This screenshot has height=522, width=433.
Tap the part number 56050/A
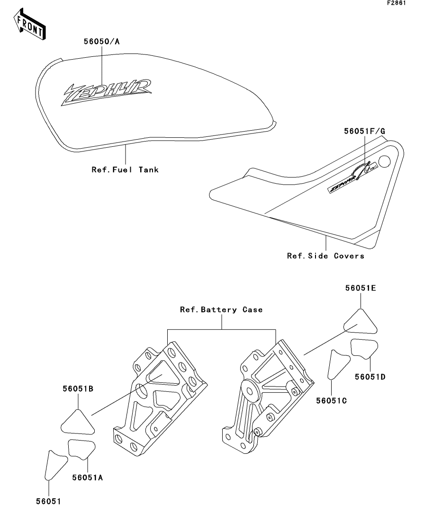click(x=101, y=41)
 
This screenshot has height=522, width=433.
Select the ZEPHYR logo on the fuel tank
click(x=106, y=92)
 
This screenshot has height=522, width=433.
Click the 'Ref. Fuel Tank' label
click(x=125, y=169)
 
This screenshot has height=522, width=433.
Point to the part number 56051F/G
click(x=364, y=131)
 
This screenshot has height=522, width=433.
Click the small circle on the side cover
click(x=384, y=161)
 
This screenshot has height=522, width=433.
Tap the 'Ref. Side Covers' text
click(x=325, y=256)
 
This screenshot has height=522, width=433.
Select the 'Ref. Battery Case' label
click(x=221, y=310)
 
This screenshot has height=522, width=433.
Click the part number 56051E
click(x=361, y=288)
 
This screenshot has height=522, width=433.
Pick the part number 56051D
click(x=370, y=377)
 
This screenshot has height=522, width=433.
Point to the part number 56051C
click(x=331, y=400)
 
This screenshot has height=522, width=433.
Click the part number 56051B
click(x=78, y=389)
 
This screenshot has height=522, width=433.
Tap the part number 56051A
click(x=87, y=478)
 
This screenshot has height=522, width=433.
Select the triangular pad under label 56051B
click(x=78, y=423)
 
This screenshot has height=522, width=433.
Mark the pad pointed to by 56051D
click(x=364, y=348)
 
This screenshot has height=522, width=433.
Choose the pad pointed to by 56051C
click(x=338, y=364)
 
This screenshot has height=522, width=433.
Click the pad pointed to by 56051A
click(x=81, y=449)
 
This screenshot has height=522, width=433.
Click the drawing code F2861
click(x=397, y=3)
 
